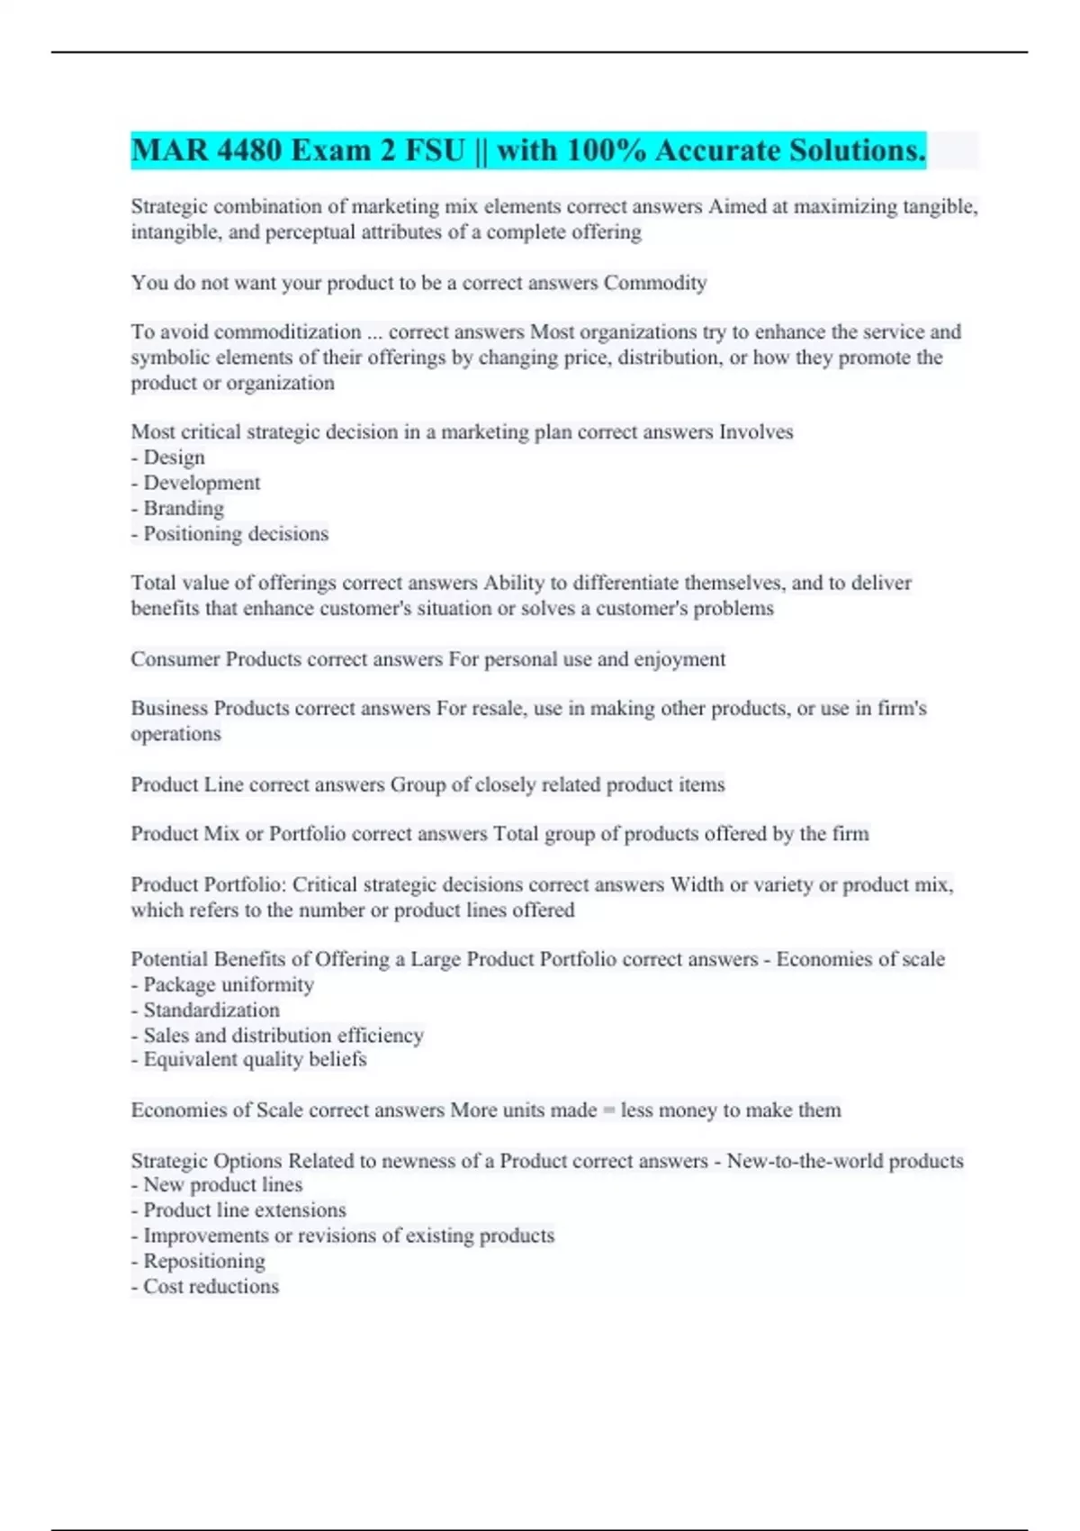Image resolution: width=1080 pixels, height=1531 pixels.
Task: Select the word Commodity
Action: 655,283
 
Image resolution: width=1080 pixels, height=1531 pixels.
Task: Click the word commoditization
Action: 287,331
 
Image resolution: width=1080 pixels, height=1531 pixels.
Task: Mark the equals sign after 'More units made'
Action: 609,1110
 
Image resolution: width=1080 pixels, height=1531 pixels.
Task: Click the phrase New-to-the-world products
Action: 845,1160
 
